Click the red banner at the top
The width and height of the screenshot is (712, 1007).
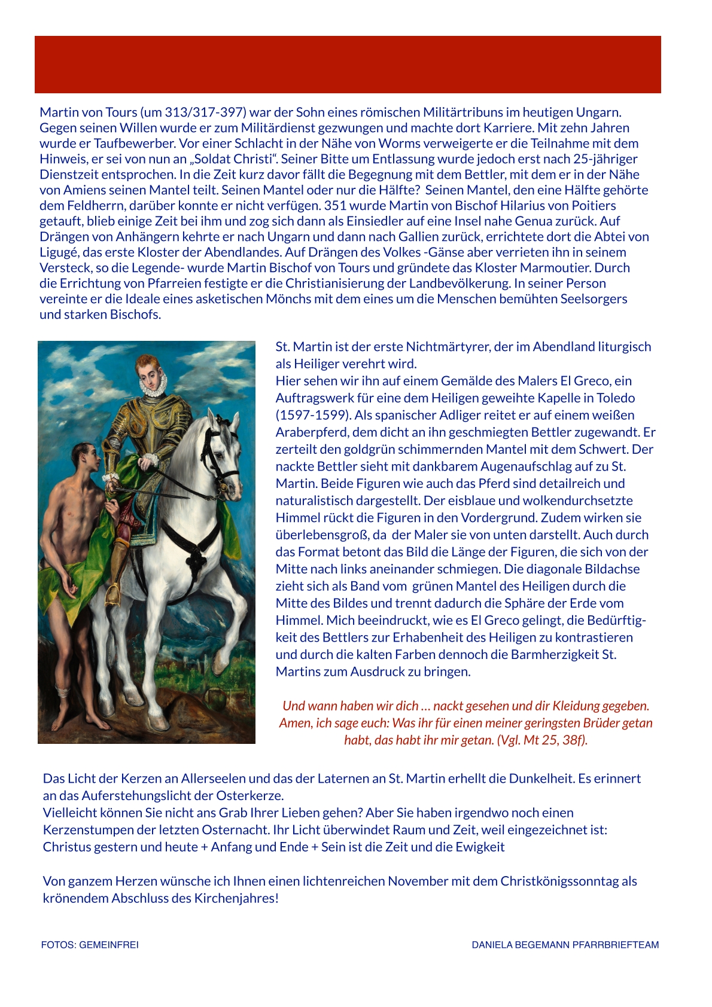coord(348,65)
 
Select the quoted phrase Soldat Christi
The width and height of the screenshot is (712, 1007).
coord(242,159)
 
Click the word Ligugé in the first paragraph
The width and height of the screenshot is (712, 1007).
coord(58,252)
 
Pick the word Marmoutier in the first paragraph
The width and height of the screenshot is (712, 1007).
coord(594,268)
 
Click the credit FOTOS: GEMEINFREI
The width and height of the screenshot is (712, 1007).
coord(90,945)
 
